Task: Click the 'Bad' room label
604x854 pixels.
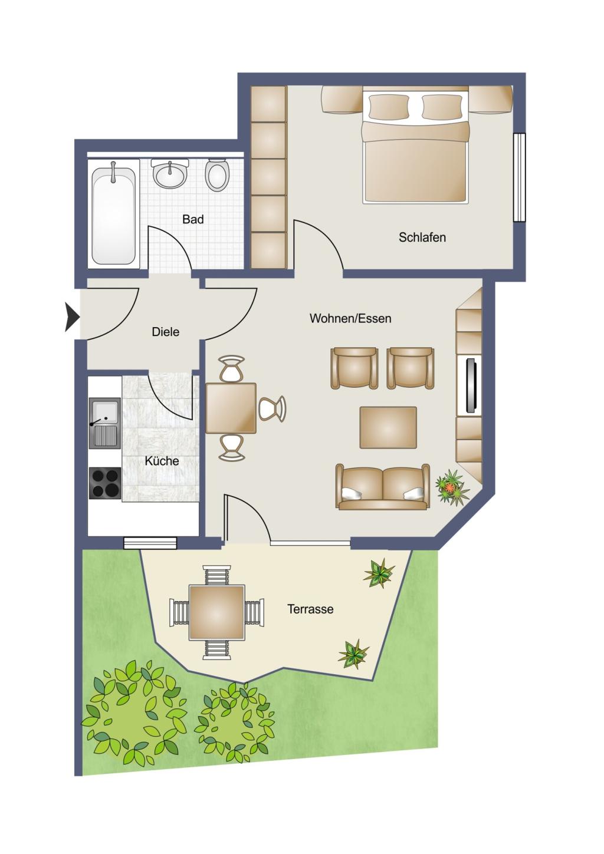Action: (193, 219)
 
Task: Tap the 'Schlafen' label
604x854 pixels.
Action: (422, 238)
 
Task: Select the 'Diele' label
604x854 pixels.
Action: (165, 332)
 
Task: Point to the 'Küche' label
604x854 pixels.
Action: (162, 461)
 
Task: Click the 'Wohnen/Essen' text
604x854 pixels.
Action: (350, 318)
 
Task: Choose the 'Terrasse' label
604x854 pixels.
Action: (310, 609)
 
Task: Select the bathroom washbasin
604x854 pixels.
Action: (170, 173)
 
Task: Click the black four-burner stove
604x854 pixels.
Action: (105, 482)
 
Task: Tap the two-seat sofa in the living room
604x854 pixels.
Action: (382, 487)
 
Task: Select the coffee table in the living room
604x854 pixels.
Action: (388, 427)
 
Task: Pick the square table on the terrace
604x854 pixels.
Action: (216, 612)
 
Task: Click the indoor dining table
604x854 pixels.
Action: (231, 408)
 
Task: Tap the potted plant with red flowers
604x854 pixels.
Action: (452, 487)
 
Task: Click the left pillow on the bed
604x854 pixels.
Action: (388, 107)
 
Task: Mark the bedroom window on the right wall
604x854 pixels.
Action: (519, 177)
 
